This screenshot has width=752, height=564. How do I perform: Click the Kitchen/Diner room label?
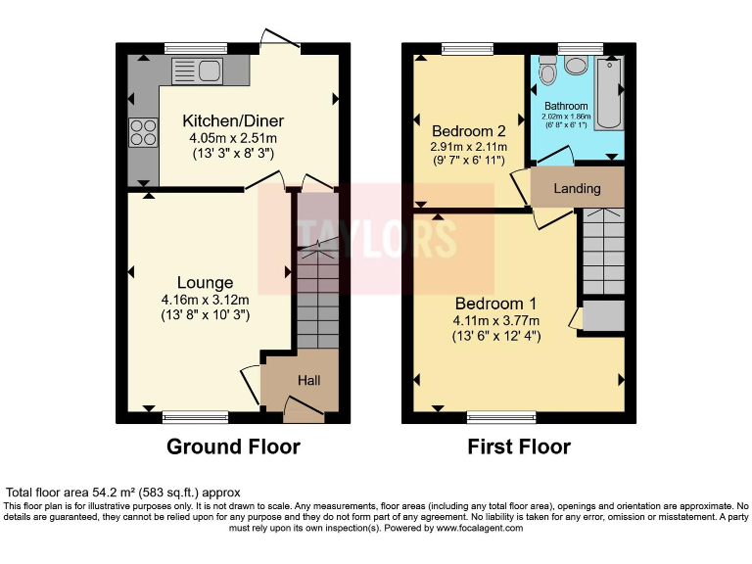point(233,121)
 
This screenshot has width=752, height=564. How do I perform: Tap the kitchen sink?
point(198,70)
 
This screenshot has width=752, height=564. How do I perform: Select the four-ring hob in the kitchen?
point(143,130)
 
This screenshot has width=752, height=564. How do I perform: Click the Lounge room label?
point(205,283)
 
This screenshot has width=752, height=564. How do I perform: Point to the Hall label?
point(308,380)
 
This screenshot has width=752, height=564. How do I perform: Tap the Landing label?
point(577,188)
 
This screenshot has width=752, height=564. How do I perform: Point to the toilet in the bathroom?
point(547,70)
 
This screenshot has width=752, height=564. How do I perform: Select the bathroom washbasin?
point(575,66)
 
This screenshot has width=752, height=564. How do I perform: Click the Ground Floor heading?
point(233,446)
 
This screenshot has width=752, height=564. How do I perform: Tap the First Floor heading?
point(519,446)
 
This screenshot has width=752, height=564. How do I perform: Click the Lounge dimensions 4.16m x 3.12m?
point(206,300)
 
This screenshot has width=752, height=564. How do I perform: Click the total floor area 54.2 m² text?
point(123,493)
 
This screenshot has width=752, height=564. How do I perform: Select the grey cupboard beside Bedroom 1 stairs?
point(603,316)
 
